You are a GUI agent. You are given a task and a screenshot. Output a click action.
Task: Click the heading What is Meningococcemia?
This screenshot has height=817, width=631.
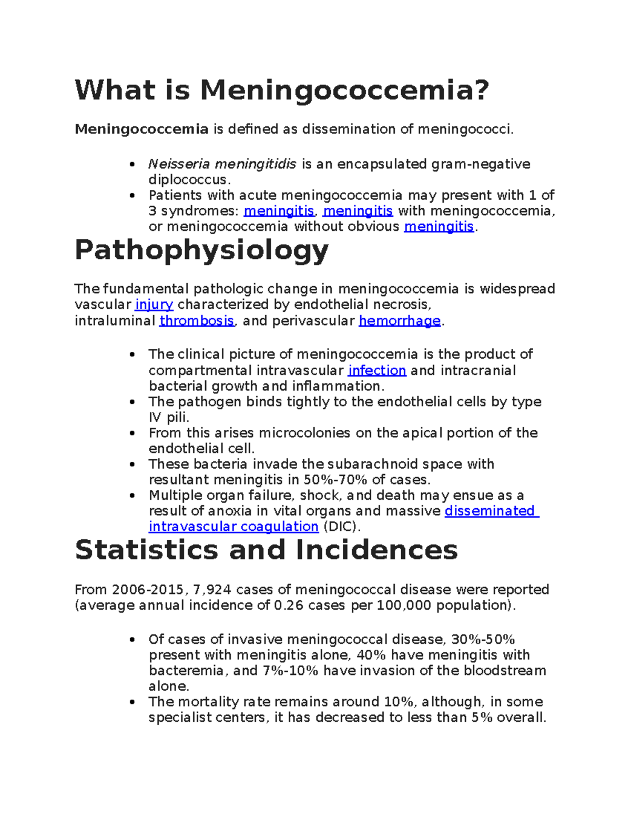(x=282, y=90)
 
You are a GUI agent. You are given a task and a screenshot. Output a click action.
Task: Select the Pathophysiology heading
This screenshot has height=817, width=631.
(x=201, y=250)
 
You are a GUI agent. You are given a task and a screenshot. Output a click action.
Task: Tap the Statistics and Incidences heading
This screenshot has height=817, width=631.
(x=266, y=550)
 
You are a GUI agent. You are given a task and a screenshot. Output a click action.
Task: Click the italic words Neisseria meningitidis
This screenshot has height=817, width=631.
(x=222, y=164)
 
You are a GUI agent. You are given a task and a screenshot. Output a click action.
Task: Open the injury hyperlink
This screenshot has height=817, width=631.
(x=154, y=305)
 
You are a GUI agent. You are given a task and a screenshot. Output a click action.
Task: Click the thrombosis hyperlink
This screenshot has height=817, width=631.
(x=197, y=321)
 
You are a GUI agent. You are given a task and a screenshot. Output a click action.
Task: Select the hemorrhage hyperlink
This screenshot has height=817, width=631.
(x=399, y=321)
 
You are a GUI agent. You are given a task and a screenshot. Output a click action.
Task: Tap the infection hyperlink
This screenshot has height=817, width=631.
(x=377, y=370)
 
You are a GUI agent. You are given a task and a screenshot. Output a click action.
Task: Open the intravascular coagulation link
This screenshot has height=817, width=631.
(x=233, y=527)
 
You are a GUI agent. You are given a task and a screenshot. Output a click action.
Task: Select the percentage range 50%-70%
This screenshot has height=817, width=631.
(x=335, y=480)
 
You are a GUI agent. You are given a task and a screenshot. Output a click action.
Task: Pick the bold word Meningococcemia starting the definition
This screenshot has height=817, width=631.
(x=141, y=129)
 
